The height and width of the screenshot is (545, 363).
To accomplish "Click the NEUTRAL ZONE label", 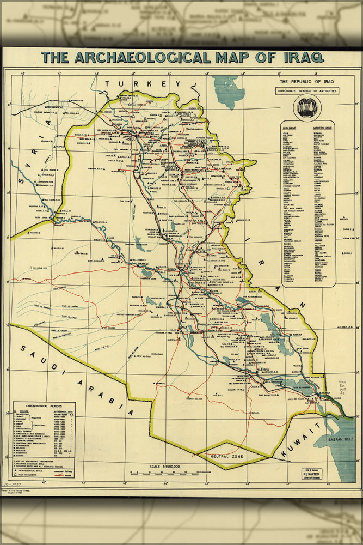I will pos(223,456).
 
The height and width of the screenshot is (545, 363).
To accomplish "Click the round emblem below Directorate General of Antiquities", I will pos(307,107).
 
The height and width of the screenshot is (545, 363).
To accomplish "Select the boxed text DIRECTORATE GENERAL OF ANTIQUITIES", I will pos(307,91).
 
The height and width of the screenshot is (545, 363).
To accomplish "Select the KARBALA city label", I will pos(164,307).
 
